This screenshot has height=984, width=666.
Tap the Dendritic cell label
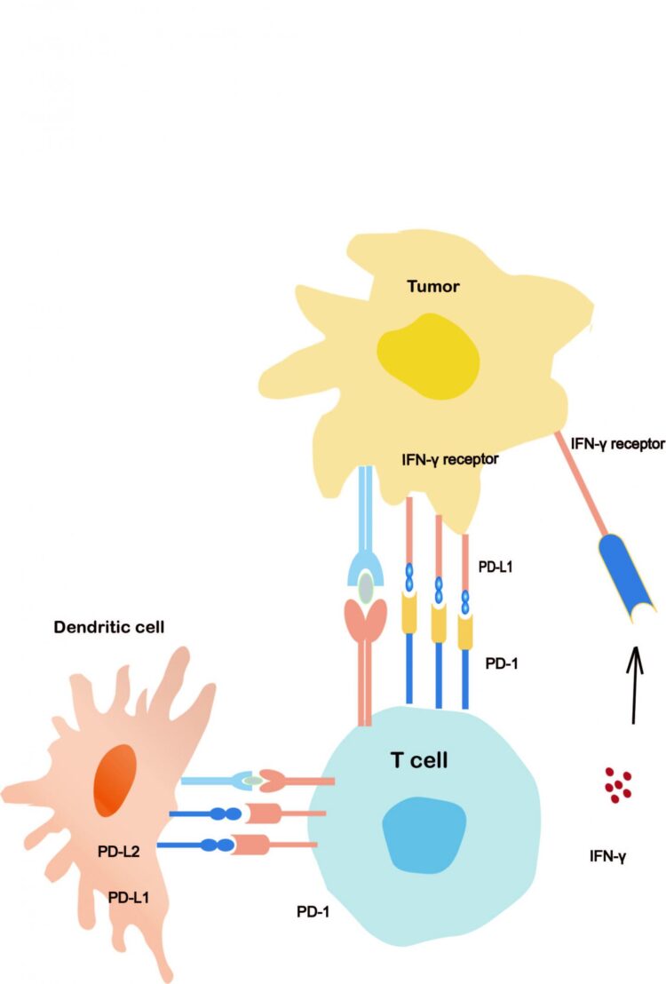tap(109, 626)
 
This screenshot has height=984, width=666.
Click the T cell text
tap(420, 759)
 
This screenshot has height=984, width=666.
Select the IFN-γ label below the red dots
tap(609, 858)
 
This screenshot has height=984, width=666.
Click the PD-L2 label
tap(119, 853)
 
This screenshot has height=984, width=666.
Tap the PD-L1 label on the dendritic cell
tap(129, 897)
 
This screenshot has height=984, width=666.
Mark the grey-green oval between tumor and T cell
tap(366, 585)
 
